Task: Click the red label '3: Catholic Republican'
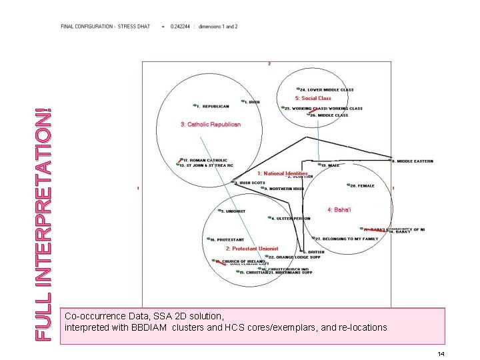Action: [211, 124]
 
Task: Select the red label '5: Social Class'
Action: [317, 99]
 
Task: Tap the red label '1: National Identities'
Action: [283, 173]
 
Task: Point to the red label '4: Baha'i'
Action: [339, 209]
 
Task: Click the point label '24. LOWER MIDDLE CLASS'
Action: [327, 90]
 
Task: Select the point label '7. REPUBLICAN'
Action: [214, 106]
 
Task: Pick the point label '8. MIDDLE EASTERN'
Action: [415, 161]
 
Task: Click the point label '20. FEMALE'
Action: [363, 186]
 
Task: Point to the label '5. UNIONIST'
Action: [233, 211]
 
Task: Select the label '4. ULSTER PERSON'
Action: [291, 218]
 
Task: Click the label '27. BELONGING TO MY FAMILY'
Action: [347, 239]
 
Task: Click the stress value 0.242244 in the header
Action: [180, 27]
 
